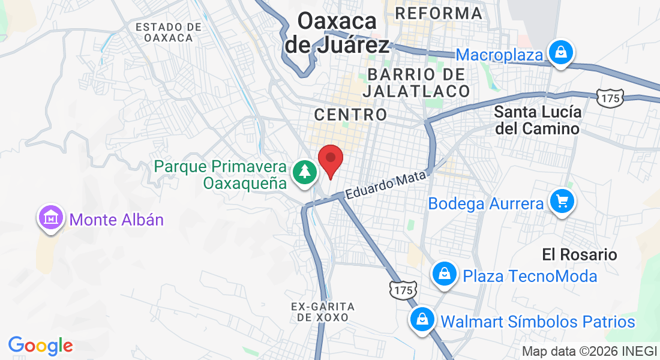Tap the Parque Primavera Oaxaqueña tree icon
coord(305,172)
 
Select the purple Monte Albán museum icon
coord(50,218)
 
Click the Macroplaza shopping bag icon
coord(560,53)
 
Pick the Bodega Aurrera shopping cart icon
coord(562,202)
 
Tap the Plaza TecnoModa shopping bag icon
coord(445,274)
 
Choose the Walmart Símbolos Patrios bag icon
coord(422,320)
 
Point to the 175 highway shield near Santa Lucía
coord(610,96)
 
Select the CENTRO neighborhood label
coord(351,114)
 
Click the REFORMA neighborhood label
coord(439,13)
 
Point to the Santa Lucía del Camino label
coord(537,120)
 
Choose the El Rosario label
coord(579,254)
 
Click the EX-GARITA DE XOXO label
coord(323,311)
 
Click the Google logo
coord(40,346)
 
